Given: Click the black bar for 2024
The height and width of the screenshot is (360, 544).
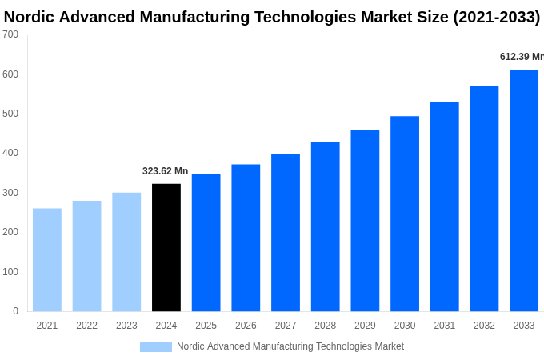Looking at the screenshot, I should (166, 247).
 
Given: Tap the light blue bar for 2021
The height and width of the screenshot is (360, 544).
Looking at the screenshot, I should (47, 260).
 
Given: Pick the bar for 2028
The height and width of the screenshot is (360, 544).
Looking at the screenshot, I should (325, 226).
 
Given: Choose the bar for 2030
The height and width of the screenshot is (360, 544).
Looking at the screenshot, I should (405, 214).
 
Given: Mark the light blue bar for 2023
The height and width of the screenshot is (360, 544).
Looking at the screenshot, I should (126, 252).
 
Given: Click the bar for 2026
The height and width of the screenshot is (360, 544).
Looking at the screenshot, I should (246, 238).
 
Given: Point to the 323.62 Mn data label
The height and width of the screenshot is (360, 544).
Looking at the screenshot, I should (165, 171).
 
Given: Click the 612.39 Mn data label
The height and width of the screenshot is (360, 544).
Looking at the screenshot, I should (522, 57).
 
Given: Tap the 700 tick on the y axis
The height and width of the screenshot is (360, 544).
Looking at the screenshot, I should (10, 34).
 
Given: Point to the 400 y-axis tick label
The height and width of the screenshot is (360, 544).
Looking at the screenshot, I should (10, 153).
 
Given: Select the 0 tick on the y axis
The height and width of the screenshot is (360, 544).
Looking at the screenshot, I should (15, 311).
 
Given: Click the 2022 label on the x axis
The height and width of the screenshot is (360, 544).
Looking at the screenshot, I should (86, 326).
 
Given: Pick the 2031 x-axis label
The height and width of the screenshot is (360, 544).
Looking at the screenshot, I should (444, 326).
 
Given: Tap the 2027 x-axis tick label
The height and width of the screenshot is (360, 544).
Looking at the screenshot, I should (286, 326).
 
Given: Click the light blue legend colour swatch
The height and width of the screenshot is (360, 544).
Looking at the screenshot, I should (155, 347).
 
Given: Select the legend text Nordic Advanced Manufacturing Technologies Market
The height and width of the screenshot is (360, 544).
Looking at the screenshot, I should (290, 346).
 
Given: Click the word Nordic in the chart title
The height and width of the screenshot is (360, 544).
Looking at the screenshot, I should (30, 17).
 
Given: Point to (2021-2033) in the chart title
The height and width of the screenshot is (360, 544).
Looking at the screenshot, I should (496, 17).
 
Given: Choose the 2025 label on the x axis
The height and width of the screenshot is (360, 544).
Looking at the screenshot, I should (206, 326).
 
